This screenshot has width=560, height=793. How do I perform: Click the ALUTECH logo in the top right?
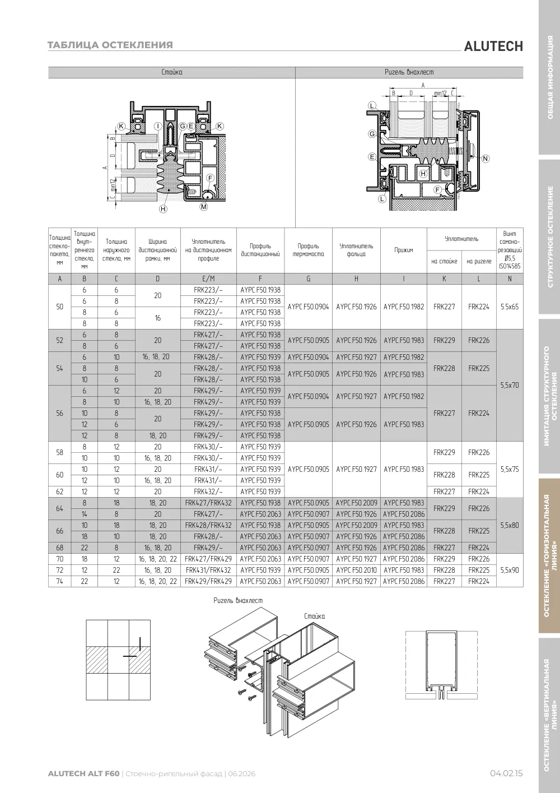coord(493,47)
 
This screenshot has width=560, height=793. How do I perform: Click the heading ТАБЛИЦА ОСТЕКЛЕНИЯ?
coord(110,45)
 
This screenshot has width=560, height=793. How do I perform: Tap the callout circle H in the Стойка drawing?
coord(163,209)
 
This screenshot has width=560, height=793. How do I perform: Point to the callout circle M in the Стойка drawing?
coord(204,206)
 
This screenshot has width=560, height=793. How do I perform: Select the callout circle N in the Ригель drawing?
coord(486,159)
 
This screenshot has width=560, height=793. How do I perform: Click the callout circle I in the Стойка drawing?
coord(158,126)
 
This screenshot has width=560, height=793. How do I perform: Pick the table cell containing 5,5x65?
coord(510,307)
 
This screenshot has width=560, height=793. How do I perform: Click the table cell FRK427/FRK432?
coord(208,503)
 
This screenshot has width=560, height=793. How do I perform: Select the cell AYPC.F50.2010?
coord(356,570)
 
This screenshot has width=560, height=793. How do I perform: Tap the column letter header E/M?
coord(208,279)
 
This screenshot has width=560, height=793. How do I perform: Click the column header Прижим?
coord(404,250)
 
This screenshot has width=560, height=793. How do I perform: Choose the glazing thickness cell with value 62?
coord(60,491)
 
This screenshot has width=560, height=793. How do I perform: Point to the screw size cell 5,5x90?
coord(510,570)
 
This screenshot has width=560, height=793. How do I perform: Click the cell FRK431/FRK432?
coord(208,570)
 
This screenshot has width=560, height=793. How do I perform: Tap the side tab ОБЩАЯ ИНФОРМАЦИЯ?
coord(550,77)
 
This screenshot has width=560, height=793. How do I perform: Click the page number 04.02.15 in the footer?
coord(506,773)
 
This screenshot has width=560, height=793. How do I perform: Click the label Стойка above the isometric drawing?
coord(315,616)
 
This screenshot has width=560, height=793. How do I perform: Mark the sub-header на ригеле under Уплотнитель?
coord(479,261)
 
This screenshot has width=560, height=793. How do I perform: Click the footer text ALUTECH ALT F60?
coord(84,773)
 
